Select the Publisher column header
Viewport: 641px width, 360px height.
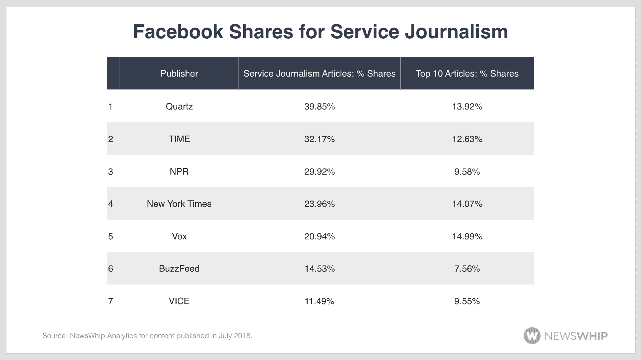(x=179, y=73)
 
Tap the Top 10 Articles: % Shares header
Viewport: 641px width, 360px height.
(x=467, y=73)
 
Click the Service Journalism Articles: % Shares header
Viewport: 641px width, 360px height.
(x=319, y=73)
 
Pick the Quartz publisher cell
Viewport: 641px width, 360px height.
(x=179, y=106)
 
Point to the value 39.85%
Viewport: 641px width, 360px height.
(x=319, y=106)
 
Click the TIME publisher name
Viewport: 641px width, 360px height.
(x=179, y=139)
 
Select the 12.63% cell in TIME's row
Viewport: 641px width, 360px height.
(x=467, y=139)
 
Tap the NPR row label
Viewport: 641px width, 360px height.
(x=179, y=171)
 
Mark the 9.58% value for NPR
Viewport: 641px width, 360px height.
(x=467, y=171)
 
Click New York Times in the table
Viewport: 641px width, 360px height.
(x=179, y=204)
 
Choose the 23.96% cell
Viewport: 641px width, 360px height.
(x=319, y=204)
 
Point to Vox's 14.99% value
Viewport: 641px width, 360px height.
(x=467, y=236)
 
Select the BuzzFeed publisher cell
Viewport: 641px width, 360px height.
(x=179, y=268)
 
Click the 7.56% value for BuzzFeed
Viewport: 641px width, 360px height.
(x=467, y=268)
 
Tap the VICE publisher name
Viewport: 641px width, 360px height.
(x=179, y=301)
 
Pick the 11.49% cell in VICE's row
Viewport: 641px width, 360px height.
(x=319, y=301)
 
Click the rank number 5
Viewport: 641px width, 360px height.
(x=111, y=236)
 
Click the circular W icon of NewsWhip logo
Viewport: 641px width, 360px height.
(x=532, y=336)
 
